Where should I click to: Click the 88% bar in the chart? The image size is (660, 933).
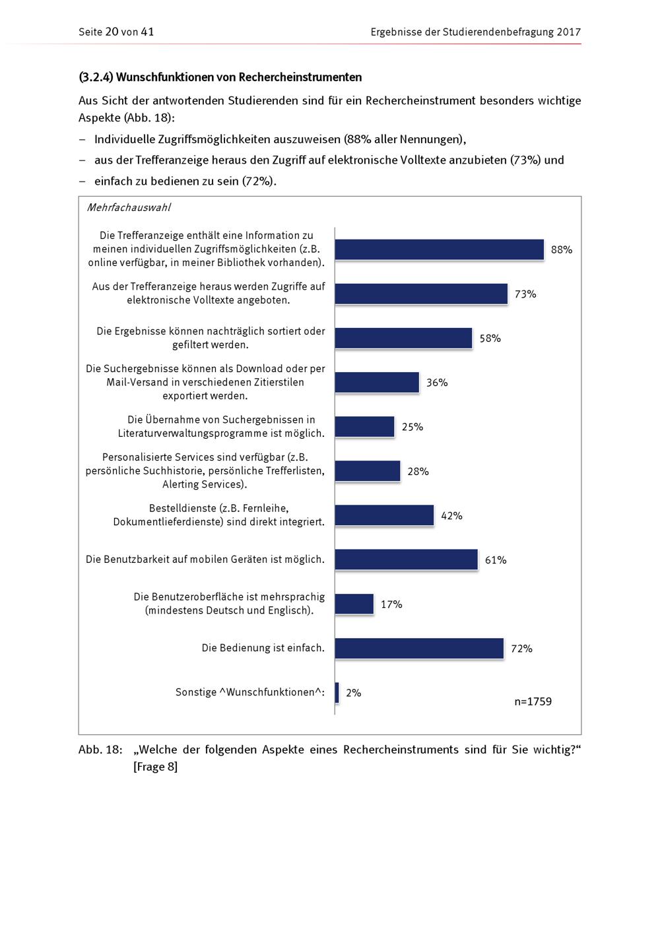pos(439,249)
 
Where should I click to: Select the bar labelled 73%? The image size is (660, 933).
pos(421,294)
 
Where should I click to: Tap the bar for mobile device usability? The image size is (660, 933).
pos(406,560)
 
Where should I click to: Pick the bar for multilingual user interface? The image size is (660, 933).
pos(354,604)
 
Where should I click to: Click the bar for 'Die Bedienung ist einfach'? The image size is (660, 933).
pos(419,648)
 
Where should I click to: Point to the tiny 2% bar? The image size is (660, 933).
pos(337,692)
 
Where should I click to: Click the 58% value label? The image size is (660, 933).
pos(490,338)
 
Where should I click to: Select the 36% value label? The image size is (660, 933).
pos(437,383)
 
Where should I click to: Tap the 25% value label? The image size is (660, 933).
pos(412,427)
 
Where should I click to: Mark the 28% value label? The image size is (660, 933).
pos(418,471)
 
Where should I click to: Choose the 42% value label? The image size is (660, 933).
pos(451,516)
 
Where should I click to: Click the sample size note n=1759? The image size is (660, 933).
pos(533,701)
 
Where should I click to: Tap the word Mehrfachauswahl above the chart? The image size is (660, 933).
pos(129,207)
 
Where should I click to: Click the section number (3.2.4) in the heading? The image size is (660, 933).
pos(96,77)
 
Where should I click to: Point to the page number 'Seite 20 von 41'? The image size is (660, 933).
pos(116,32)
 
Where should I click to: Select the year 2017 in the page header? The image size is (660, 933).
pos(568,32)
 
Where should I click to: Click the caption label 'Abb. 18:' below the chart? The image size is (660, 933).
pos(100,750)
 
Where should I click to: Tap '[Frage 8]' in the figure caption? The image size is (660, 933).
pos(155,767)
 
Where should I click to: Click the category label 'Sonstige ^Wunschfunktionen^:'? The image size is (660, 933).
pos(250,692)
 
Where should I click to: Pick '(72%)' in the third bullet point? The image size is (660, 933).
pos(258,181)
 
